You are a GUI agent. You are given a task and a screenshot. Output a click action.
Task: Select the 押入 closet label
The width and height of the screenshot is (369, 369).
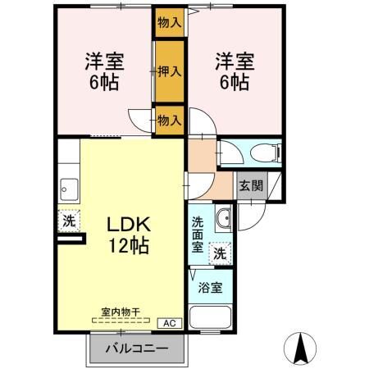click(x=170, y=72)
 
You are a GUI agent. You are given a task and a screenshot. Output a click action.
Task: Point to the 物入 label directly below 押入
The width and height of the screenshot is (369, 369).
click(x=169, y=121)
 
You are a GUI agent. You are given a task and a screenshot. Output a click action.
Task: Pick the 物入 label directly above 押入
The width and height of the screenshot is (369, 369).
click(x=169, y=23)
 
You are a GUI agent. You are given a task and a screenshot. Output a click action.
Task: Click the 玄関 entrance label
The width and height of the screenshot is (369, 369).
click(x=251, y=186)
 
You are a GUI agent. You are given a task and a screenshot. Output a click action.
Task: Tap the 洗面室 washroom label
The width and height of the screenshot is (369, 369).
click(x=199, y=234)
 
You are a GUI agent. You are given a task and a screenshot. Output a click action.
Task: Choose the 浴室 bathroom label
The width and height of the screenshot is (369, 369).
click(x=211, y=287)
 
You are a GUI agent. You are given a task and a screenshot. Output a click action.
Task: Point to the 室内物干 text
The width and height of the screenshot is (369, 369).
click(x=121, y=312)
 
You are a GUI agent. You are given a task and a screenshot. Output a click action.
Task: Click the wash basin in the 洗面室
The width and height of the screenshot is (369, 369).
click(x=223, y=217)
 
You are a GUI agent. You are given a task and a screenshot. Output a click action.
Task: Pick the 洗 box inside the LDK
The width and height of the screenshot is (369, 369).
click(x=71, y=220)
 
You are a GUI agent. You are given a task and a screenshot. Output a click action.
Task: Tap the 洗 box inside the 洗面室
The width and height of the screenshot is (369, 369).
click(x=220, y=255)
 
